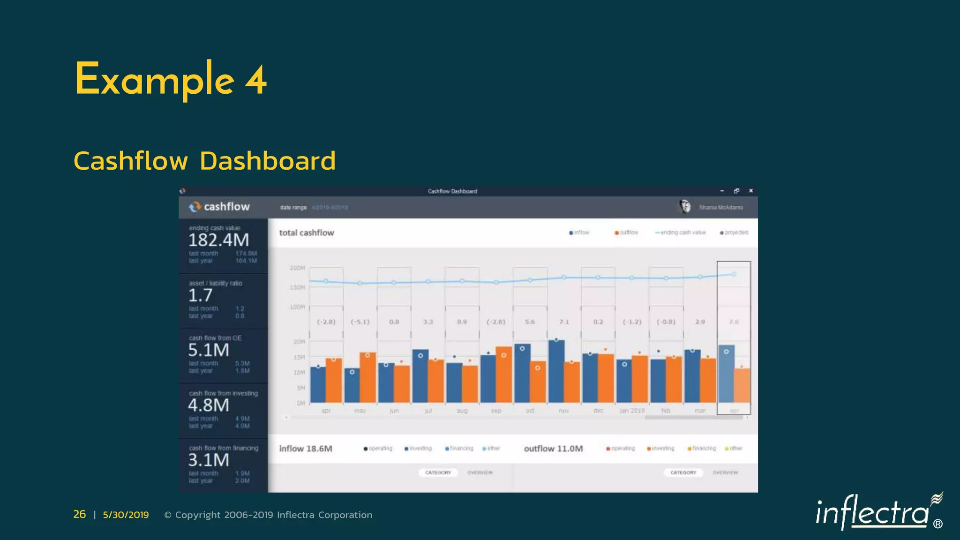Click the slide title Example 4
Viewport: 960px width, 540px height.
click(x=171, y=80)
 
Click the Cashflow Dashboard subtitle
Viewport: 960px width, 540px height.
click(x=204, y=161)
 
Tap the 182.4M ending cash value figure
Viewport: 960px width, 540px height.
click(x=218, y=240)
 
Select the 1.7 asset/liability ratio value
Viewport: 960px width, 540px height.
click(x=200, y=295)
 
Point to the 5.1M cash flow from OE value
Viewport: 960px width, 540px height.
click(x=209, y=350)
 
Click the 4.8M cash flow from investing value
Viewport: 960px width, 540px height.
click(x=209, y=405)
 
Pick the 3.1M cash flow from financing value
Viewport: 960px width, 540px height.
click(x=209, y=460)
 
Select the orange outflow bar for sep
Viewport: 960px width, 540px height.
click(x=504, y=375)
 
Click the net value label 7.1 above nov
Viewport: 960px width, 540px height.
click(x=564, y=322)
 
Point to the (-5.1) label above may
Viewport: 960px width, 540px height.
click(x=360, y=322)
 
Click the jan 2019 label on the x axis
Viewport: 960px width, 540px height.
click(x=632, y=411)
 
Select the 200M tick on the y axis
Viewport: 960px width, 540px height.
click(x=297, y=268)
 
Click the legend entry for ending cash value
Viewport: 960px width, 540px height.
click(x=681, y=232)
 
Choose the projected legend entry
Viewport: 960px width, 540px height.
click(x=735, y=232)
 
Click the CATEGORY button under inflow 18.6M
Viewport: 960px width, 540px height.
click(x=438, y=472)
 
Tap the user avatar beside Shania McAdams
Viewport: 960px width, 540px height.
click(x=685, y=206)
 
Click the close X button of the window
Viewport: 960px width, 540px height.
click(x=751, y=191)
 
